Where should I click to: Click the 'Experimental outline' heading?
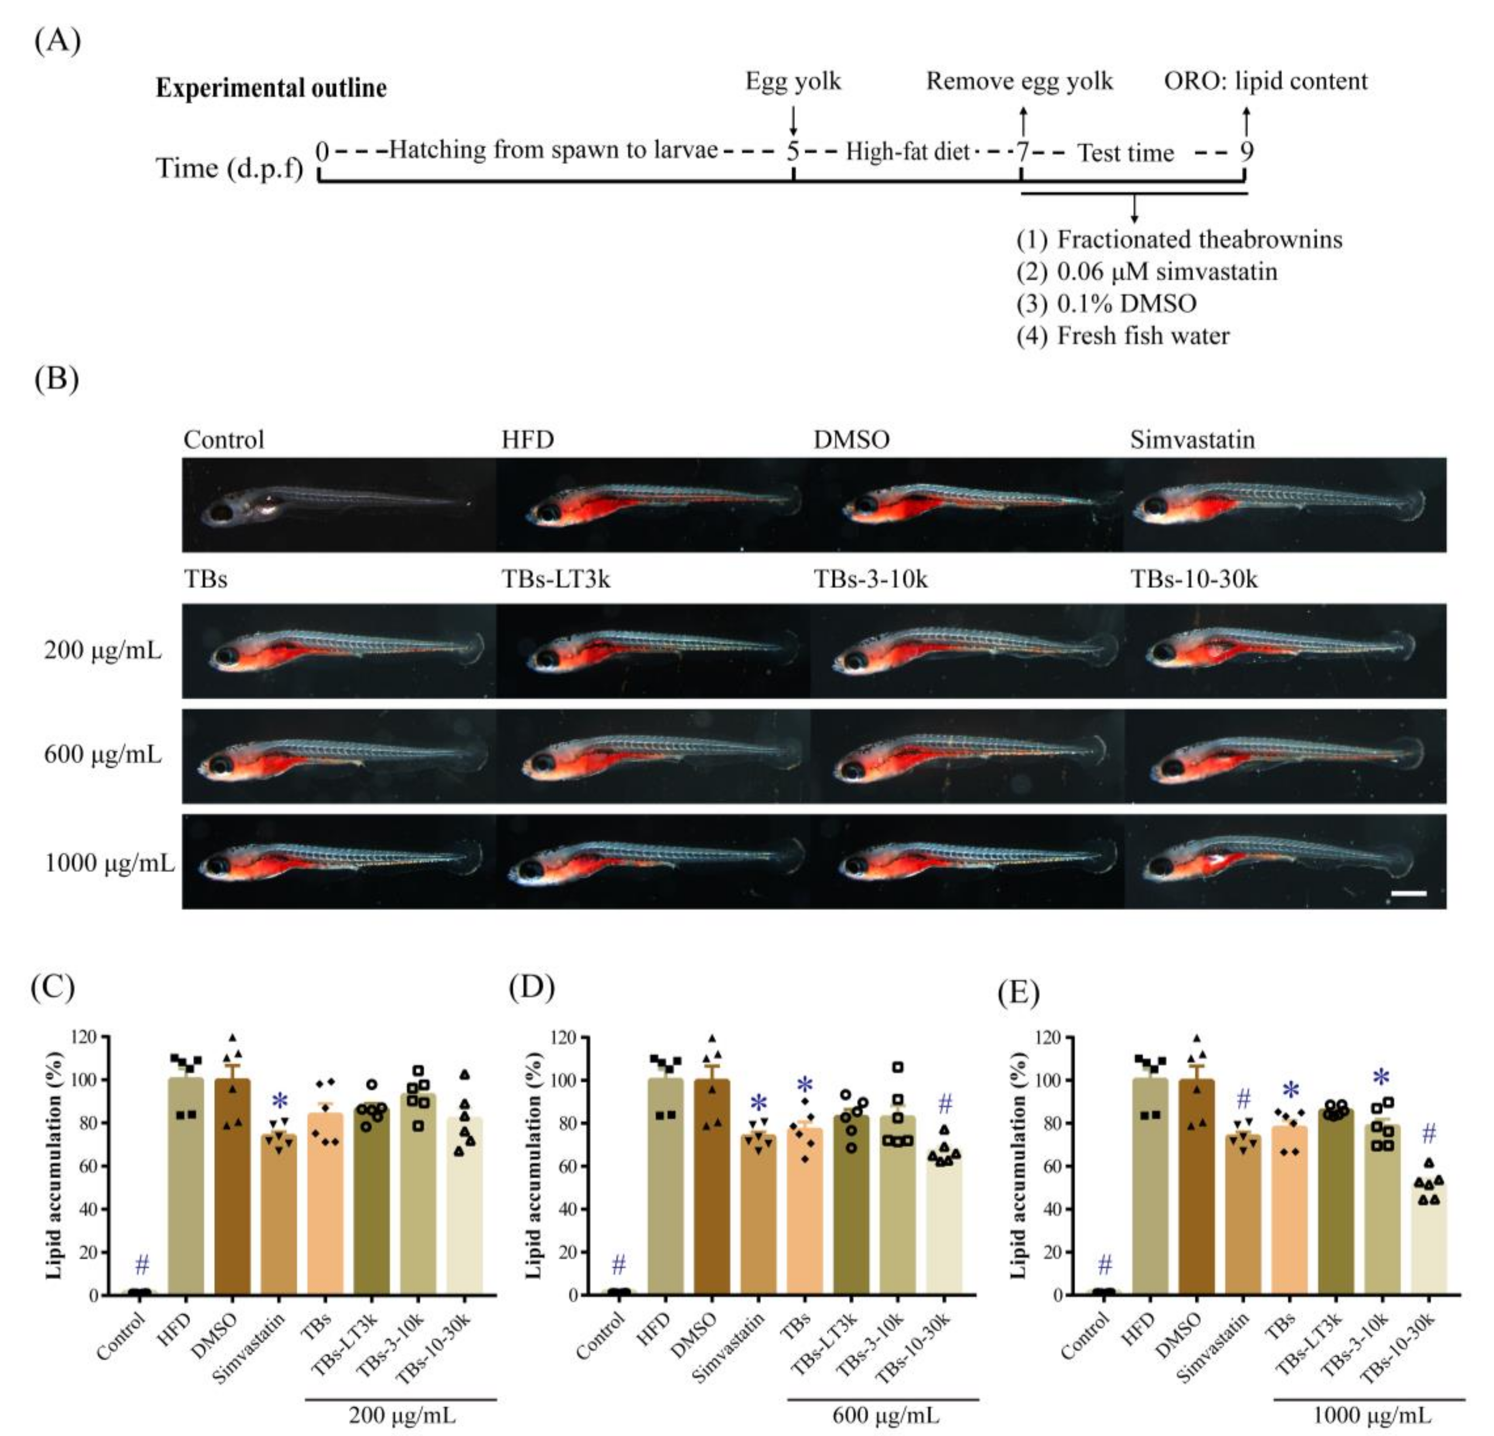pos(271,88)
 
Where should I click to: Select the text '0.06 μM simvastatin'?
pos(1166,271)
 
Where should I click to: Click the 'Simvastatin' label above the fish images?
pos(1192,440)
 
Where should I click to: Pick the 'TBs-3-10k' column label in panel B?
pos(870,579)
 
